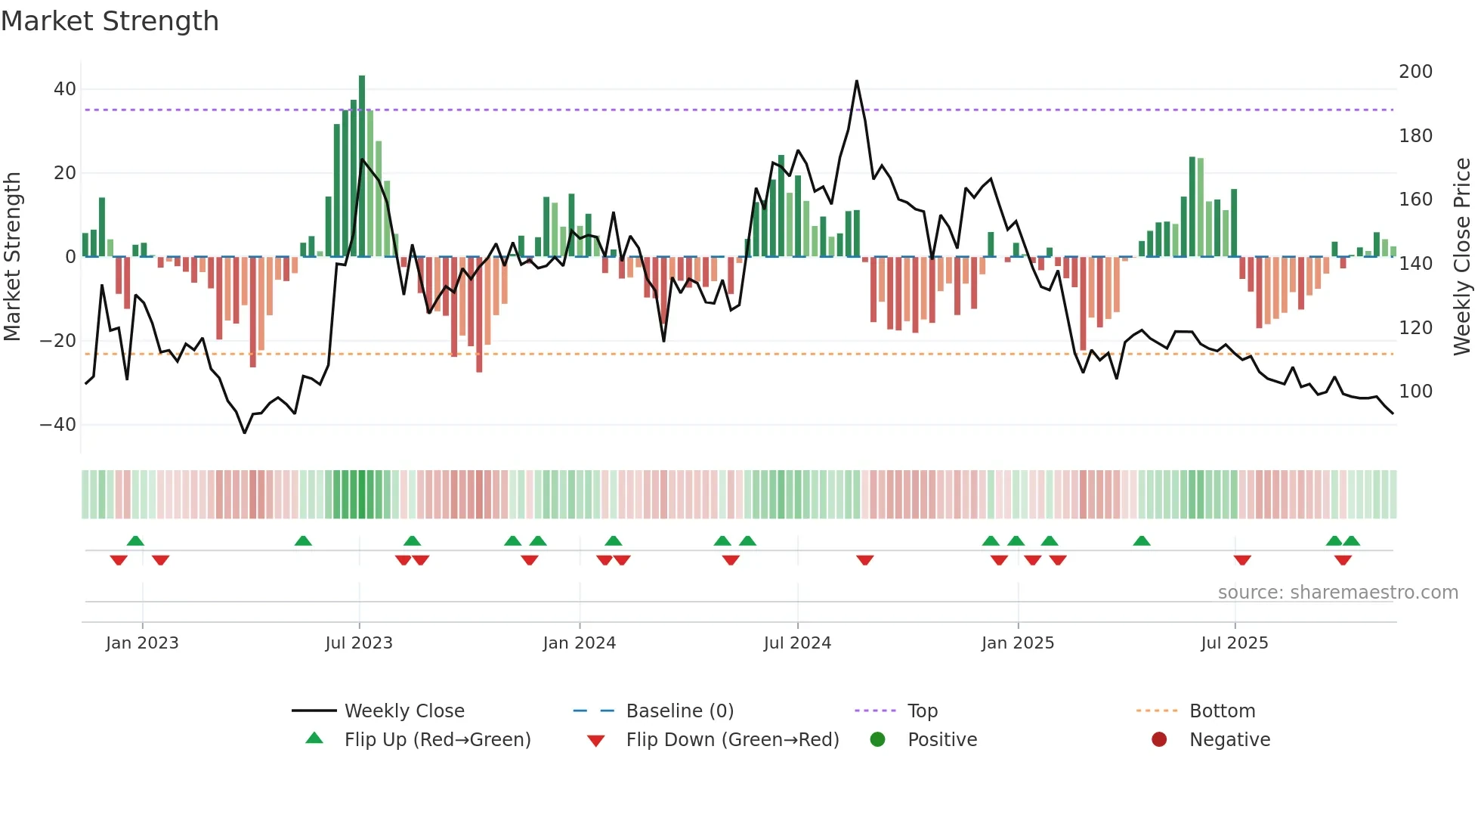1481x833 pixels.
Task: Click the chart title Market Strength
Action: [x=110, y=21]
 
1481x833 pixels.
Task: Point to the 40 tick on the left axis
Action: [x=65, y=89]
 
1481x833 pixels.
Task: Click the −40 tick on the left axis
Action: [x=58, y=425]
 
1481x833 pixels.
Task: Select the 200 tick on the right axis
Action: [x=1415, y=72]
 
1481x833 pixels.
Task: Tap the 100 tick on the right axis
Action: [x=1415, y=392]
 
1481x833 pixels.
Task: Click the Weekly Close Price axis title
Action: [x=1462, y=257]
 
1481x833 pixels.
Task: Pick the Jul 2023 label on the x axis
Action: [x=359, y=643]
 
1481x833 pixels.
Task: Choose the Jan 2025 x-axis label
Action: [x=1017, y=643]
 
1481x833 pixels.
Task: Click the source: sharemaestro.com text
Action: [x=1337, y=593]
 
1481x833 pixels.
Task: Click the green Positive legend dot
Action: [x=877, y=740]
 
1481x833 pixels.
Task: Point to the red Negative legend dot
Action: [x=1159, y=740]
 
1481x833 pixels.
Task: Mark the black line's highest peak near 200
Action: [x=857, y=81]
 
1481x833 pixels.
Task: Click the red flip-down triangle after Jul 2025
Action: [x=1242, y=560]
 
